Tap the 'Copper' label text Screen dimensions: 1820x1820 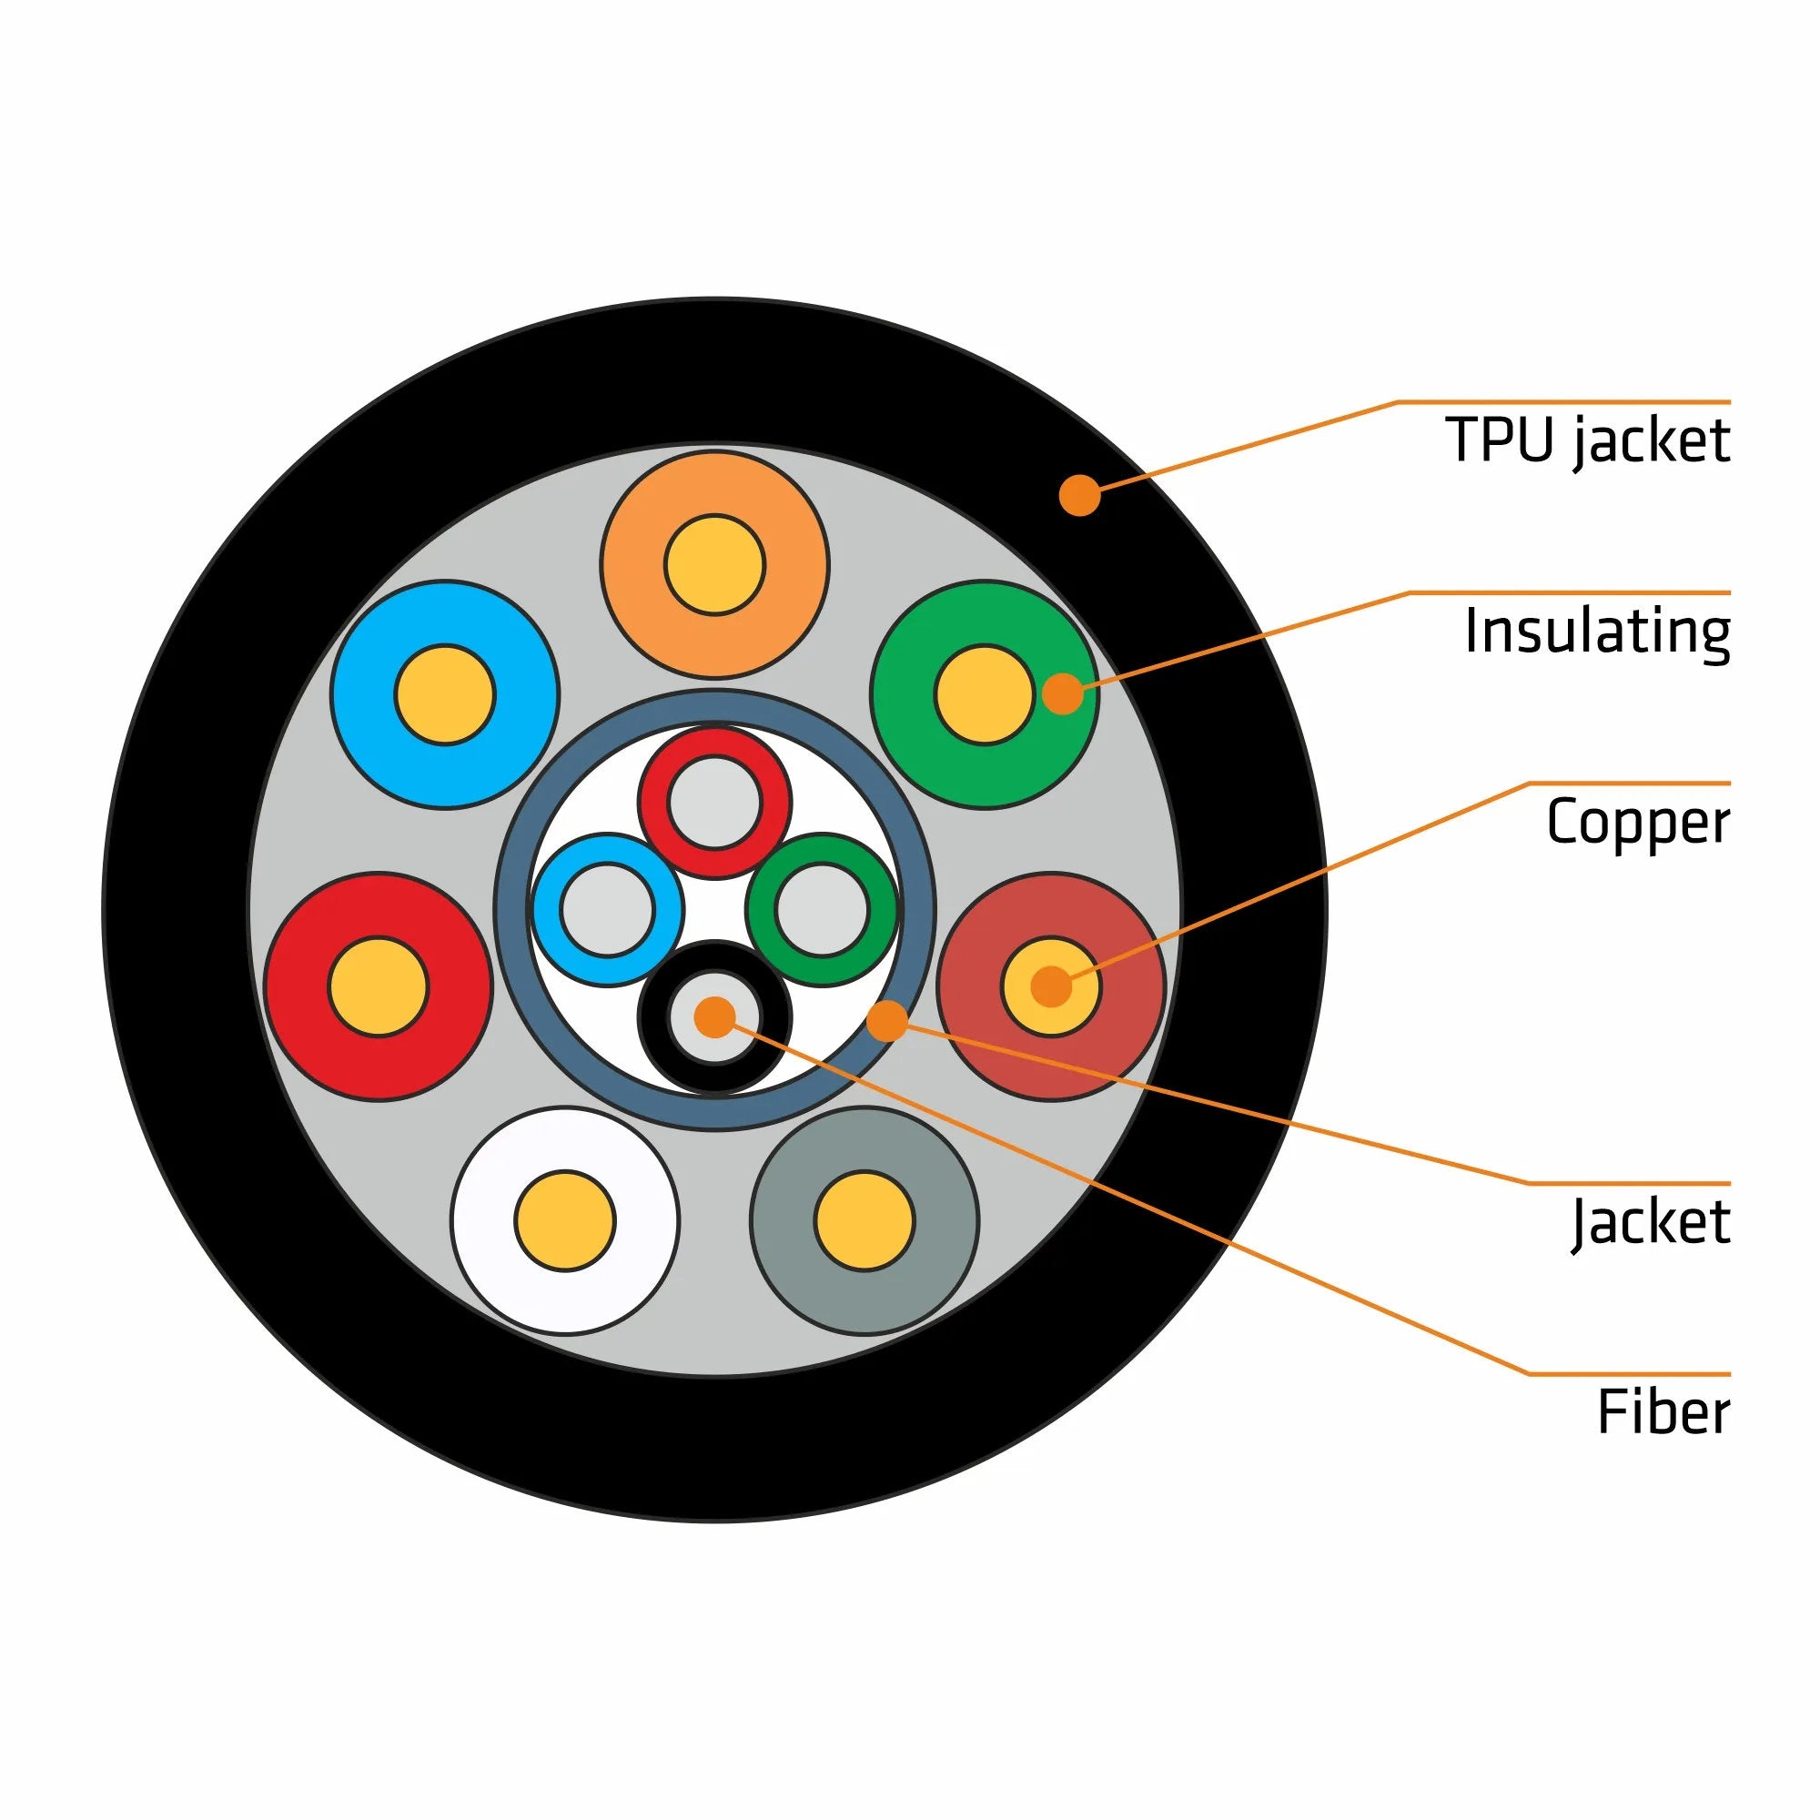point(1637,822)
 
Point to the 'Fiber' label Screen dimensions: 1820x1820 point(1663,1412)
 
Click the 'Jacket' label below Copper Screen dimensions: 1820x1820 point(1650,1222)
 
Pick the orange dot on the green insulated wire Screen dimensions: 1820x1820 point(1063,693)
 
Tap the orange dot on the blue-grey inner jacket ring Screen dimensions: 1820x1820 point(886,1021)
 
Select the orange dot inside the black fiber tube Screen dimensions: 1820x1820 point(714,1016)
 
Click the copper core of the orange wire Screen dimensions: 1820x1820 point(714,564)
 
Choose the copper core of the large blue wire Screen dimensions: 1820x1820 point(445,694)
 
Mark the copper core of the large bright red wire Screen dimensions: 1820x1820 point(378,986)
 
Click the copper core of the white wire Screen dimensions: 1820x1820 point(564,1220)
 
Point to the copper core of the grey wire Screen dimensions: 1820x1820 point(864,1220)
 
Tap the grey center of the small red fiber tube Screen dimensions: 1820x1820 point(714,803)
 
